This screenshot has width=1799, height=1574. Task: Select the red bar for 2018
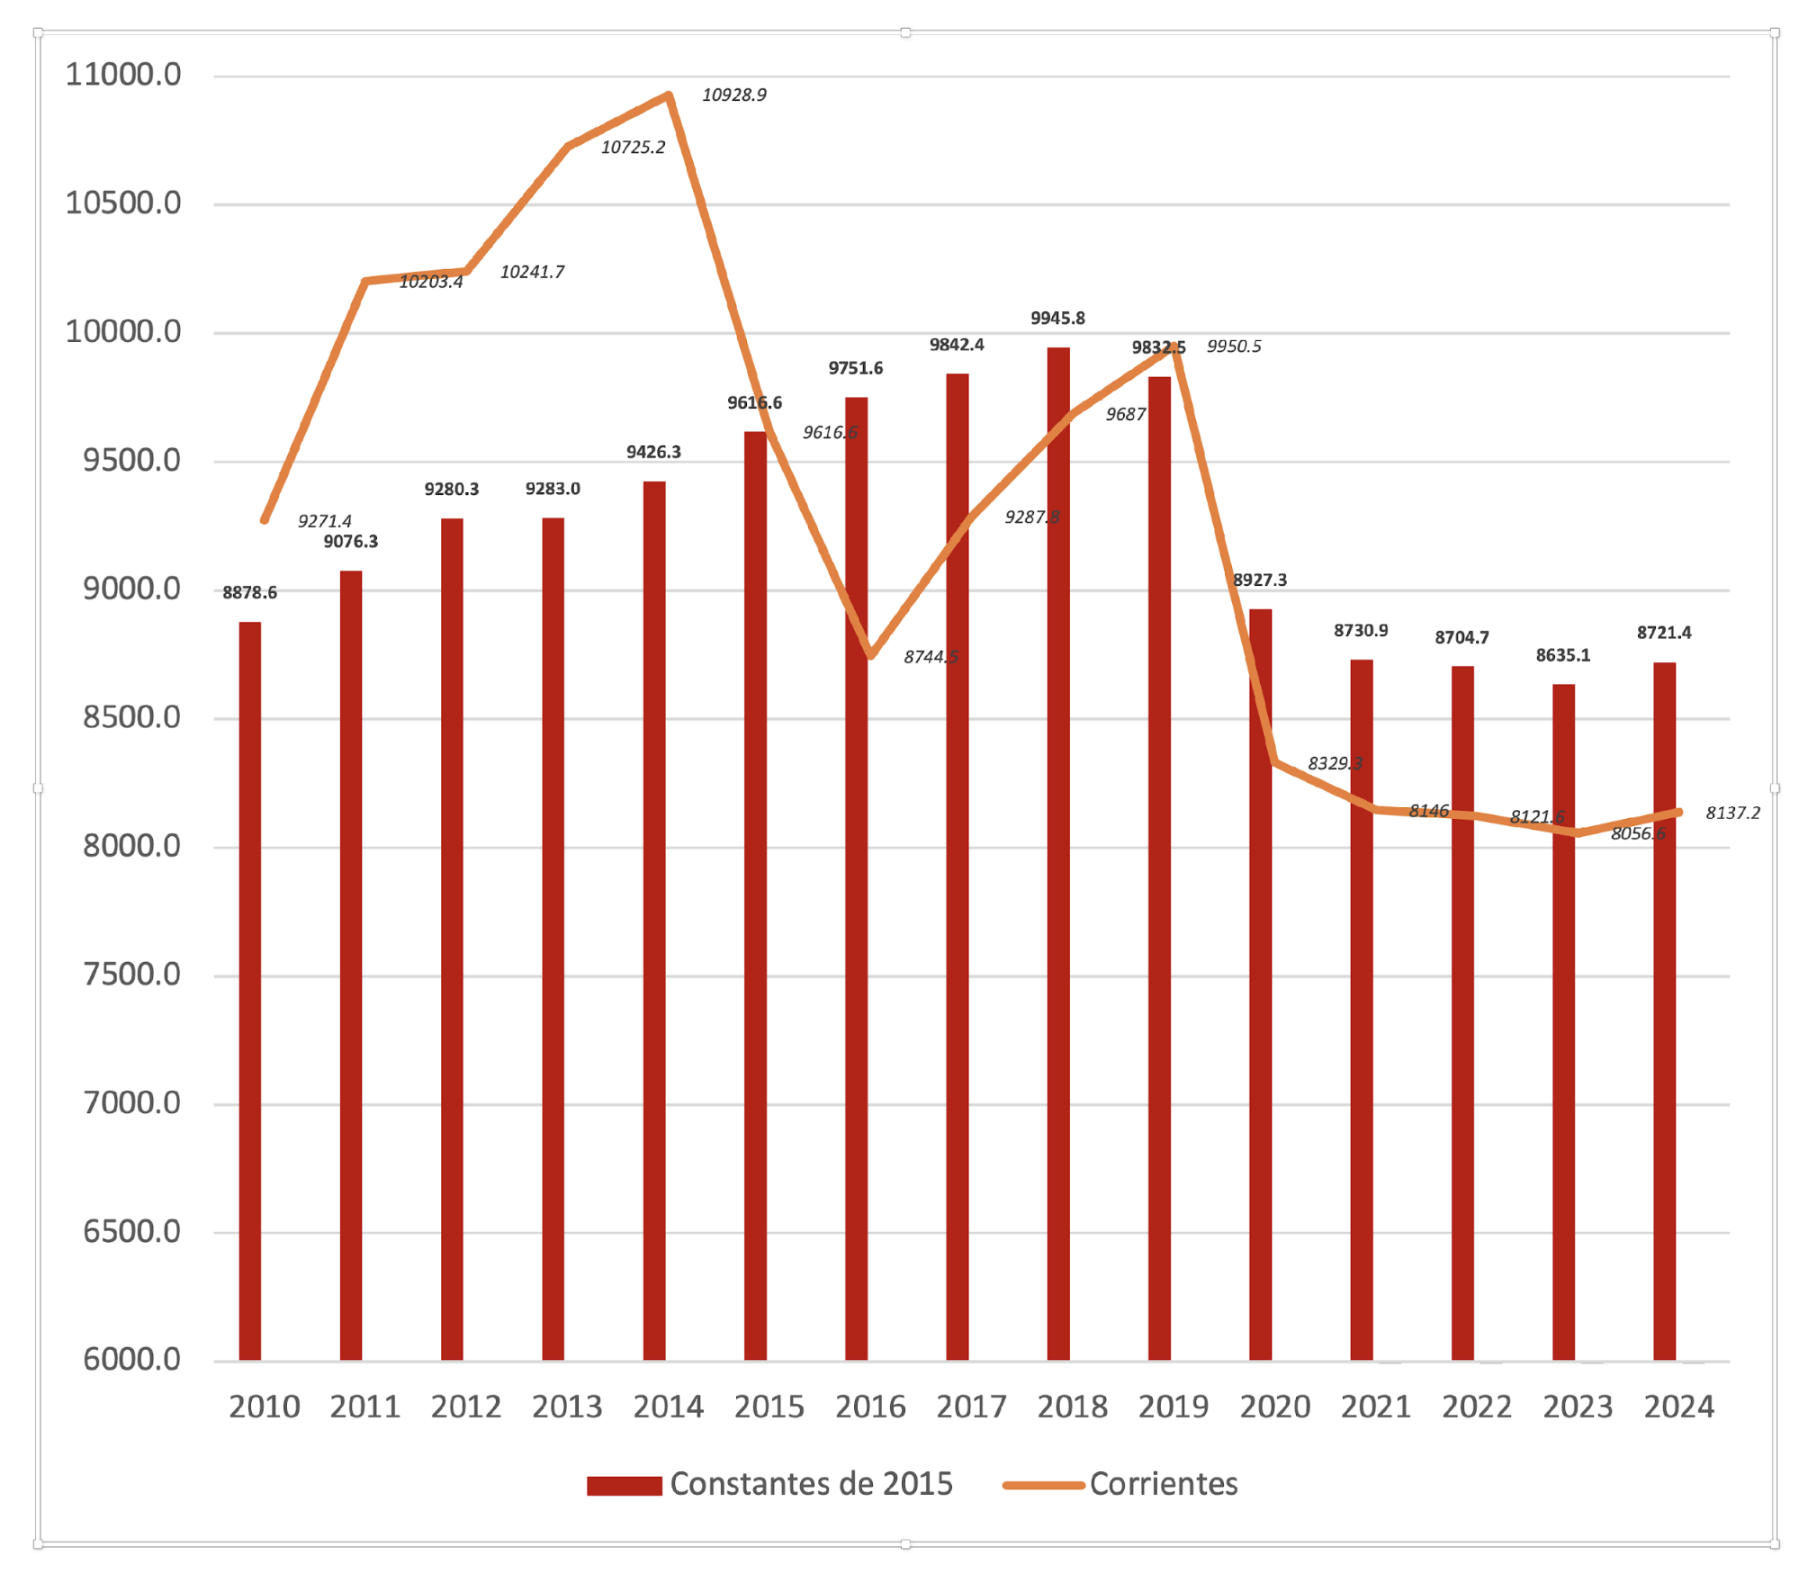1058,855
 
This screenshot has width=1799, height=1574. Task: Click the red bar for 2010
250,990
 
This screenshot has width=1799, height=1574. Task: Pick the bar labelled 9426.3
654,918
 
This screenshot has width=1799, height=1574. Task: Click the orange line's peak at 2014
669,95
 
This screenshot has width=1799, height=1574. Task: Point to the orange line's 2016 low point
870,656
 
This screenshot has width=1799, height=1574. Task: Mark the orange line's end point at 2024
1678,813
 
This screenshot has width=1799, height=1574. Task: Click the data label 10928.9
733,95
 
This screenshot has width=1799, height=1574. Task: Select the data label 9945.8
1057,319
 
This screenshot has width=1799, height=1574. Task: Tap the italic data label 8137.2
1732,814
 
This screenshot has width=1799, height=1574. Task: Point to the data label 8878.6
250,593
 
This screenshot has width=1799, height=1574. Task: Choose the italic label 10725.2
633,148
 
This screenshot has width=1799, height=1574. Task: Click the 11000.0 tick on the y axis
123,75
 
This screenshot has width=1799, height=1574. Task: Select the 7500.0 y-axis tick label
131,975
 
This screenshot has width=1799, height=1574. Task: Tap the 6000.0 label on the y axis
131,1360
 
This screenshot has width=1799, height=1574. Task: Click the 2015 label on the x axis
769,1407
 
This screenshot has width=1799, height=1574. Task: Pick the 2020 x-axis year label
1274,1407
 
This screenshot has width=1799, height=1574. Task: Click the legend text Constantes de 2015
811,1484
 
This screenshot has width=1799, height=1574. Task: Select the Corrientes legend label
1163,1484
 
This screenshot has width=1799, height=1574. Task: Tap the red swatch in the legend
624,1486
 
